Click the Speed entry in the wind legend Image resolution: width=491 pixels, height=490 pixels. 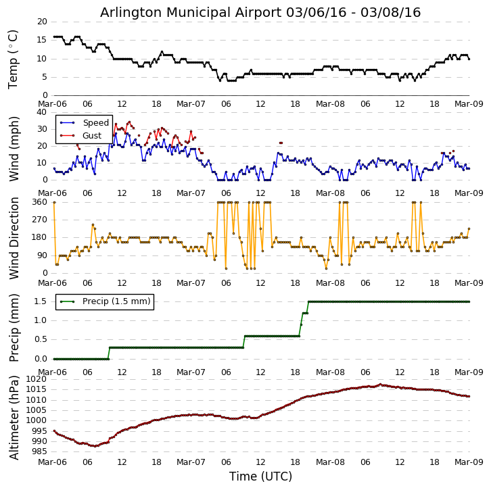[95, 123]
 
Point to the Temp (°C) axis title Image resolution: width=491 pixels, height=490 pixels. [14, 59]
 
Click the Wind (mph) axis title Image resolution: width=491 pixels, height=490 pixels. [14, 148]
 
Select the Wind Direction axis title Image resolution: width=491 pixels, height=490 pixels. [14, 238]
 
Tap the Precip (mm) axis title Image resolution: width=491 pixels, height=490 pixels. [14, 327]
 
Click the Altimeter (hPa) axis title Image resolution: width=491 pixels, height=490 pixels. [14, 417]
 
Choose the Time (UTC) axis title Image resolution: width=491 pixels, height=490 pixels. [260, 476]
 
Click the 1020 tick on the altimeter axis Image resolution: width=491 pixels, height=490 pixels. [37, 379]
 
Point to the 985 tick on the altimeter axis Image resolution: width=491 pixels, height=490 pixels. [39, 451]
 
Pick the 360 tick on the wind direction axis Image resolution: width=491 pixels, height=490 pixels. [39, 202]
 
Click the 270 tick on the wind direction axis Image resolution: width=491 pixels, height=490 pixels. [39, 220]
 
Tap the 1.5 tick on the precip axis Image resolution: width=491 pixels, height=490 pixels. [41, 301]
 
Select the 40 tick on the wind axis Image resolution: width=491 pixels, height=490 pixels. [42, 113]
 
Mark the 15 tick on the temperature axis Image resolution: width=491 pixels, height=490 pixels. [42, 40]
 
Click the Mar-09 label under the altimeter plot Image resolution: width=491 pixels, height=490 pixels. [469, 463]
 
